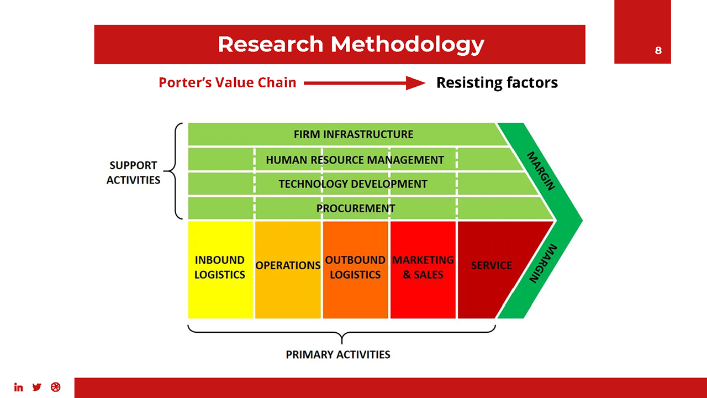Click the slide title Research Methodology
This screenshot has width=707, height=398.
point(351,44)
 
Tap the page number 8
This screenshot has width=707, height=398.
point(658,50)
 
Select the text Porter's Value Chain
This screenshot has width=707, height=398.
point(227,83)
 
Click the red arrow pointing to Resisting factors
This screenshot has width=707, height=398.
point(365,83)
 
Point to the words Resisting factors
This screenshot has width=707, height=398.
point(497,83)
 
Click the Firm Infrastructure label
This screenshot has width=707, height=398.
point(353,134)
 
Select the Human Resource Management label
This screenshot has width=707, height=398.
point(355,160)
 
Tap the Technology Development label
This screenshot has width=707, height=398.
point(352,184)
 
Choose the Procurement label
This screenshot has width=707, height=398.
point(355,208)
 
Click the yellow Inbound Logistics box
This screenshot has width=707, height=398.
point(220,269)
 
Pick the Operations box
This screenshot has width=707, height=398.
point(288,269)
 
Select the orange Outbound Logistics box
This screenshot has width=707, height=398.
point(355,269)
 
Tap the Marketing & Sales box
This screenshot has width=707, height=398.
point(423,269)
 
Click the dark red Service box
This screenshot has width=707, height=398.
point(492,269)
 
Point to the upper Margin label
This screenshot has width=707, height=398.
point(541,170)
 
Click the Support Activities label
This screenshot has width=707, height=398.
point(133,172)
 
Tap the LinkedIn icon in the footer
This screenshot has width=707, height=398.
point(19,387)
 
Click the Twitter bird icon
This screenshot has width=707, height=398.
point(37,387)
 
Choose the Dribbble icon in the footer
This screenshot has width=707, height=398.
point(55,387)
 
